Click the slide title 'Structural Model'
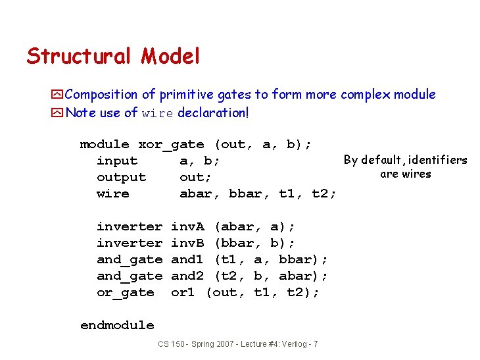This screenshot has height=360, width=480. click(x=112, y=57)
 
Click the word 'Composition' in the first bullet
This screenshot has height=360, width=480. click(x=102, y=95)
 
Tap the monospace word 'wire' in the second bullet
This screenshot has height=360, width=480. click(x=158, y=113)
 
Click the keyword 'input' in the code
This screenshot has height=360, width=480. click(x=117, y=161)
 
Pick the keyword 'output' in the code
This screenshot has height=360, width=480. click(x=121, y=178)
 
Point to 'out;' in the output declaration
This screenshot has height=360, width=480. click(x=195, y=178)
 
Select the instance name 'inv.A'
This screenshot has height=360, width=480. click(x=187, y=227)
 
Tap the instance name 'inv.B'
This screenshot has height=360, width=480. click(x=187, y=244)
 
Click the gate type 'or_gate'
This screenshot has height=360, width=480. click(x=125, y=293)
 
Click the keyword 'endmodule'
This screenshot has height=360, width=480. click(x=117, y=325)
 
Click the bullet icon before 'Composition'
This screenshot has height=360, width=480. click(x=58, y=95)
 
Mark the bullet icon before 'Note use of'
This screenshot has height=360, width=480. click(x=58, y=113)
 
